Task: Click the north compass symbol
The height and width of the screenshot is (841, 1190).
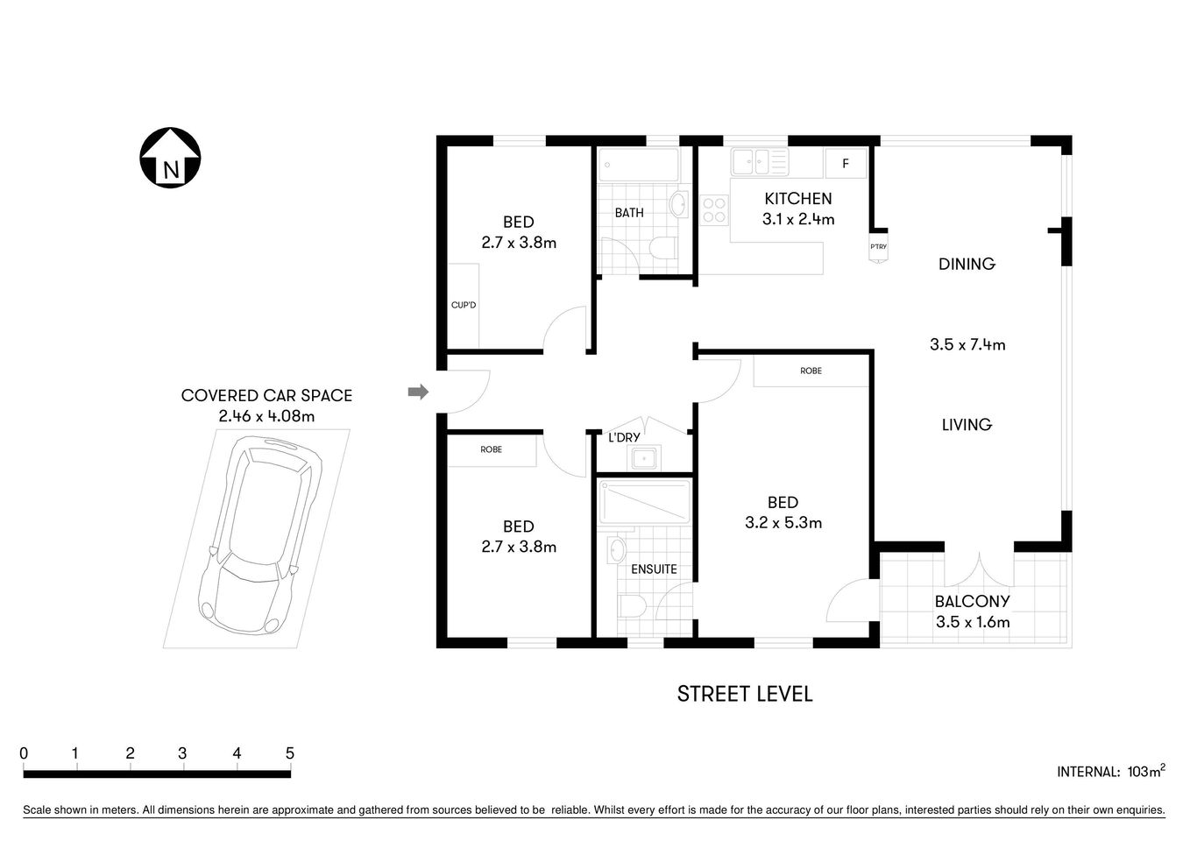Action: [x=171, y=158]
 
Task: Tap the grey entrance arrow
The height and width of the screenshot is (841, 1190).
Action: [x=418, y=392]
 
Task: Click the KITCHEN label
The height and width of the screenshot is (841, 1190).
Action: [x=797, y=199]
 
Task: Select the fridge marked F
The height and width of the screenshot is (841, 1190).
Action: [x=846, y=164]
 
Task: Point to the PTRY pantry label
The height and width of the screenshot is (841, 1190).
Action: [x=878, y=247]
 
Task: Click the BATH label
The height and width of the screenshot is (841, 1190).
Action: [x=628, y=213]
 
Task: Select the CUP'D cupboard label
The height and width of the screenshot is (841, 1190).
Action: [x=463, y=305]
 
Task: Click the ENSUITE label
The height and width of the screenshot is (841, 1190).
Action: [x=654, y=569]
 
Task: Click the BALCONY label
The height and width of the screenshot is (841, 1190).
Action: [x=972, y=602]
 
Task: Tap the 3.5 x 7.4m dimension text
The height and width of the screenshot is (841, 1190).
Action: [x=967, y=345]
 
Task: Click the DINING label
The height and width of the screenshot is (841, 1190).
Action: [x=967, y=264]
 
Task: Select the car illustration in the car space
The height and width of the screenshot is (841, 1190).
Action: [x=257, y=538]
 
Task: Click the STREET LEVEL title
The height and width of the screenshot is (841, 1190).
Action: [x=745, y=694]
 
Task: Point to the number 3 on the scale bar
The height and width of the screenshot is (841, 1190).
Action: [x=182, y=753]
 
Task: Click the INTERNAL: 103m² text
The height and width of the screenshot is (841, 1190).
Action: [x=1110, y=772]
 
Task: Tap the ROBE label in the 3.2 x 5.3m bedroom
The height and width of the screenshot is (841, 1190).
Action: [x=811, y=371]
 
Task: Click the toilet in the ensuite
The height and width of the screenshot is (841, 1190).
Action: [x=632, y=606]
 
